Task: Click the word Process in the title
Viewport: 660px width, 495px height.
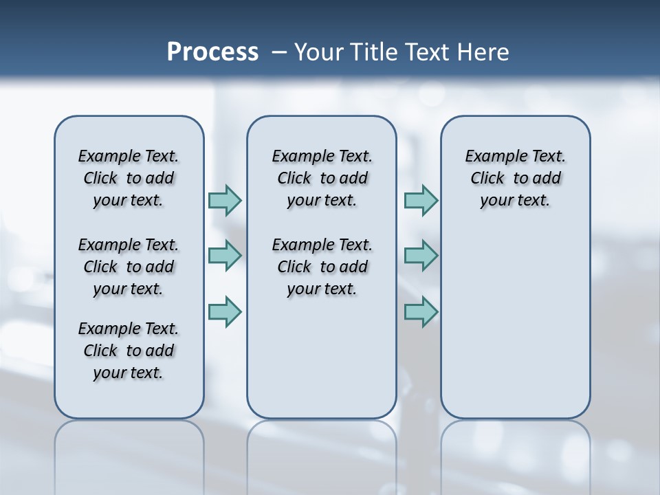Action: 212,52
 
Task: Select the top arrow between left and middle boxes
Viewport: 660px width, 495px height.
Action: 225,200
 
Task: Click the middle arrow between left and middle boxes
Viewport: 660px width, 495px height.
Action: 225,256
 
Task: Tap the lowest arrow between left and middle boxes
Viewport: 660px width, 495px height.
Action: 225,311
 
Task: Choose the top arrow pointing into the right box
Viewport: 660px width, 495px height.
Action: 421,200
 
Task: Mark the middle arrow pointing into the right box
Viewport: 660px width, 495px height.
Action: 421,256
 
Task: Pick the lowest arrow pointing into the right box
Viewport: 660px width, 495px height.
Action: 421,311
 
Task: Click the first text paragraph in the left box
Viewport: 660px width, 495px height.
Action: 129,178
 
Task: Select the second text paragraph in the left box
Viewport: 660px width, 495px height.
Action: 129,267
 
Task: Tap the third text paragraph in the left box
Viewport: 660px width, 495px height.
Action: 129,351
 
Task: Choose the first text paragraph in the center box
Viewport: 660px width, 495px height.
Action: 322,178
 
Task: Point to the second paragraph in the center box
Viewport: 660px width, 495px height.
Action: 322,267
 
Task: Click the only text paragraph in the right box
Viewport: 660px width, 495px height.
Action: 515,178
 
